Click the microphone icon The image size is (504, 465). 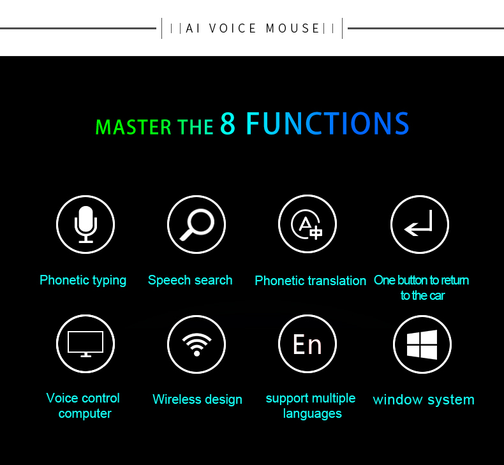pos(85,225)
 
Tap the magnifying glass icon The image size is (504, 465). pos(196,225)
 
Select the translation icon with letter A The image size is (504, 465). pos(307,225)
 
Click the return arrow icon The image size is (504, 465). pos(419,223)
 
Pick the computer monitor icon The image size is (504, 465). pos(85,344)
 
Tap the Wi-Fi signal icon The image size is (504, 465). pos(196,344)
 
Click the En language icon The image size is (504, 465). pos(307,344)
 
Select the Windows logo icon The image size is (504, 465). pos(422,344)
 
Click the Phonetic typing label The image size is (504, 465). pos(83,280)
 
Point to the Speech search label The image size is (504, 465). pos(190,280)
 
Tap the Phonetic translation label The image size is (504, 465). pos(311,281)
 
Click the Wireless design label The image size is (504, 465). pos(197,399)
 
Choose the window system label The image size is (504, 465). pos(424,400)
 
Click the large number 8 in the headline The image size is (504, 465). pos(228,123)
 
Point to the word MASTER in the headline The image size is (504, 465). pos(134,127)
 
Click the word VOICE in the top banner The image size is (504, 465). pos(232,28)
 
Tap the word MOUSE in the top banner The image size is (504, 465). pos(292,28)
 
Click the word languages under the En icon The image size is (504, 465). pos(313,413)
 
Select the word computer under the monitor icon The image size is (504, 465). pos(85,413)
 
